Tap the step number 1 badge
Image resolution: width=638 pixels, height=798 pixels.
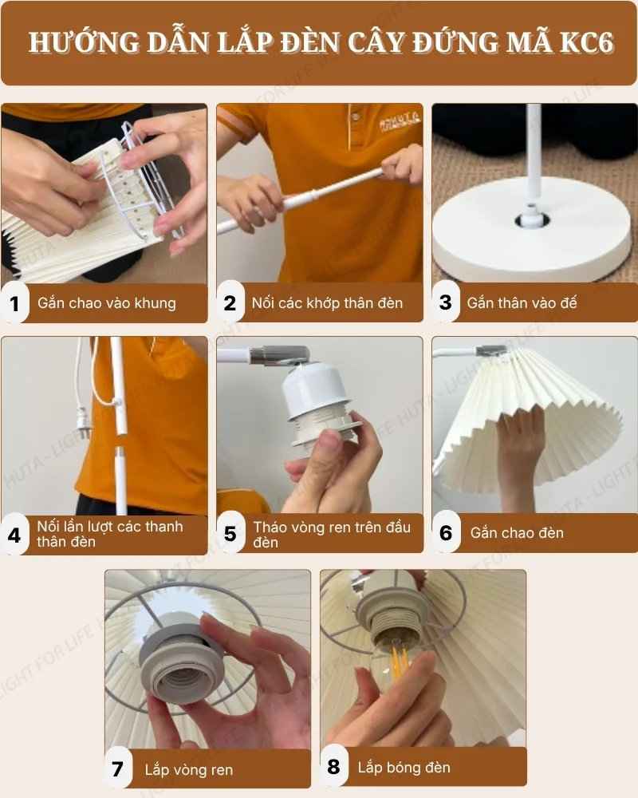tap(14, 303)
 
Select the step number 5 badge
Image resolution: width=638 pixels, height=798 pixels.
tap(230, 533)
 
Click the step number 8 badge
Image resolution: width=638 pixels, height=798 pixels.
tap(333, 768)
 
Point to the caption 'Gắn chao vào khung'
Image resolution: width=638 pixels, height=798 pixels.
tap(107, 303)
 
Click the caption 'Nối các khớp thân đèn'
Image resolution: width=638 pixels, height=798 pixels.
tap(327, 303)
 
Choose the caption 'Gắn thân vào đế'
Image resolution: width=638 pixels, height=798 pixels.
tap(522, 303)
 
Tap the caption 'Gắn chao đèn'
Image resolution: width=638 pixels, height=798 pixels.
tap(517, 533)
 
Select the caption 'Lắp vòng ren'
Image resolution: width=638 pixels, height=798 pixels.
tap(189, 770)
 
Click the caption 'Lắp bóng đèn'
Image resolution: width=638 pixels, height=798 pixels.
tap(404, 768)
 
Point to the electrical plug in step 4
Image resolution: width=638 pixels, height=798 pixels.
tap(82, 416)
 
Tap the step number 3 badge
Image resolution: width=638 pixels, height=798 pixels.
tap(445, 303)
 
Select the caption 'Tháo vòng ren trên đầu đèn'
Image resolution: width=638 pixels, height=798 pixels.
tap(332, 534)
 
